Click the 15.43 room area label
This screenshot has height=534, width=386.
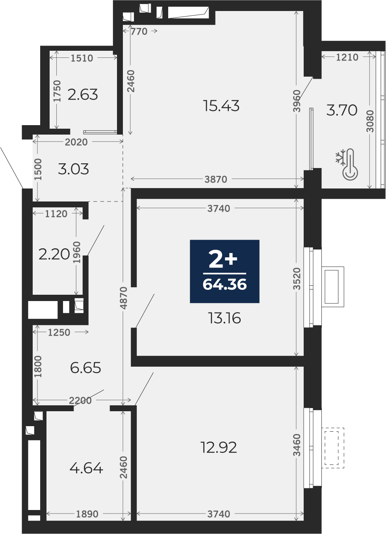coord(221,106)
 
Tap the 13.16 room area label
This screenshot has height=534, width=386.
coord(225,318)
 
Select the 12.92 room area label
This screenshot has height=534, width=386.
coord(219,447)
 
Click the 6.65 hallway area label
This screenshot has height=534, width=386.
coord(85,368)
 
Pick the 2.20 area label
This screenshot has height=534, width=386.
coord(54,254)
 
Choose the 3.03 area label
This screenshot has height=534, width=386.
coord(74,169)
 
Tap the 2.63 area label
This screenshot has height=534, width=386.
coord(83,94)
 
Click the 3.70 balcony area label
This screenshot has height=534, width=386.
coord(342,110)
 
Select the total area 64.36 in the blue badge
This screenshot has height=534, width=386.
coord(225,284)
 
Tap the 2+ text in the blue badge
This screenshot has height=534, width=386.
coord(223,260)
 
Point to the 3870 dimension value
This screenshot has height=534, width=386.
coord(216,179)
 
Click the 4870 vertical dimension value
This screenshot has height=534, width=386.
coord(124,298)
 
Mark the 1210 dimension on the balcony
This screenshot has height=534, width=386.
coord(347,57)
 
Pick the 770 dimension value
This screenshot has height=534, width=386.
coord(139,31)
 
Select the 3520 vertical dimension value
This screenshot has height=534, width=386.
coord(297,279)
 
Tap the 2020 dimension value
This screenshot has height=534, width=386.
coord(76,142)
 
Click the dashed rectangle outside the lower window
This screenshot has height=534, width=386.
coord(333,448)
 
